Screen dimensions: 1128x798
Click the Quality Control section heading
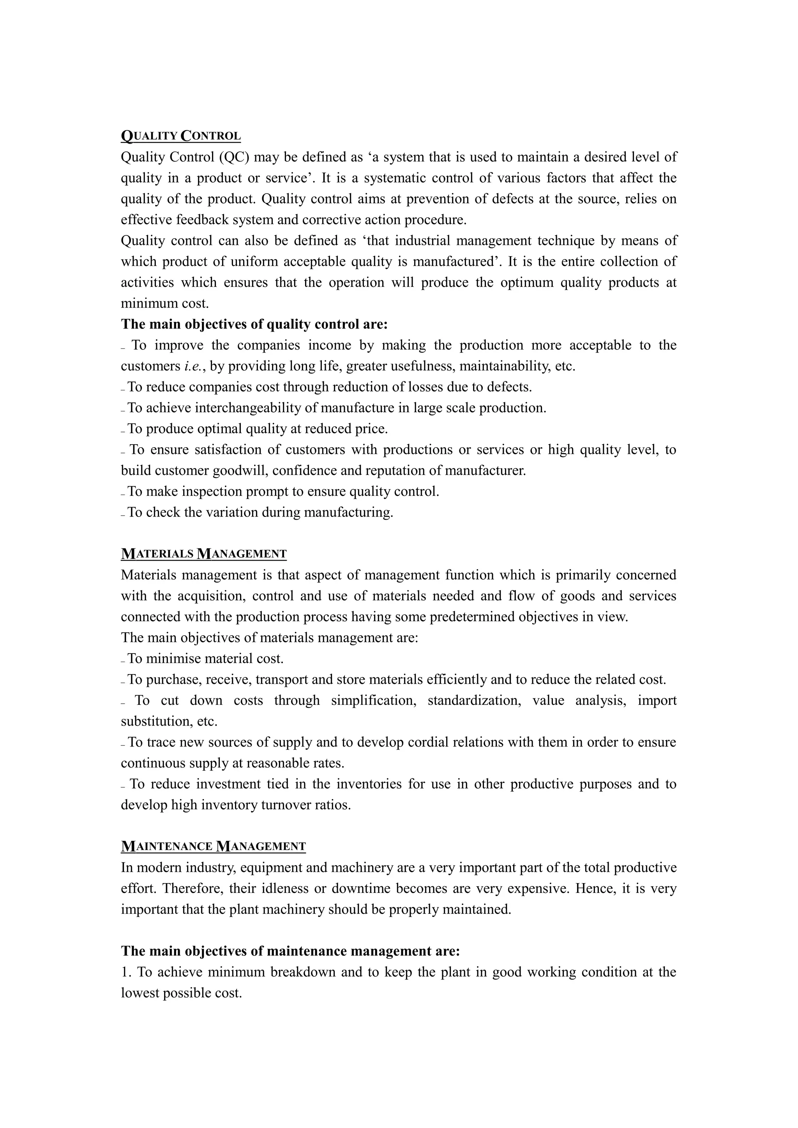click(x=180, y=135)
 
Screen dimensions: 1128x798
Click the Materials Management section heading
click(x=203, y=553)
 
